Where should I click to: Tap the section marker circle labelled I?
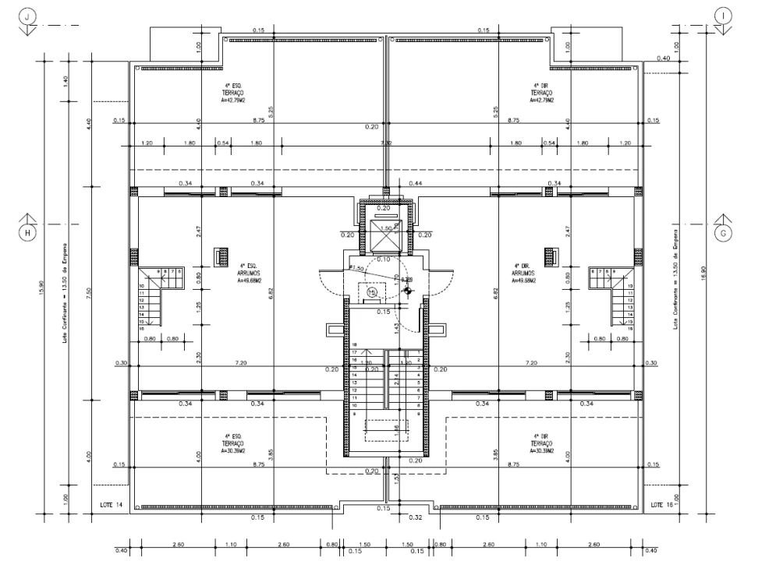click(725, 15)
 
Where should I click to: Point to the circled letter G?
click(723, 232)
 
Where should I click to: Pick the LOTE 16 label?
click(661, 505)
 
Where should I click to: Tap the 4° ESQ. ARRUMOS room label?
click(250, 273)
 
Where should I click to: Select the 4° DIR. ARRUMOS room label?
click(522, 273)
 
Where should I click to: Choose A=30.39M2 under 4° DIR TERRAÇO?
click(544, 450)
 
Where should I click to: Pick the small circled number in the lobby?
click(372, 291)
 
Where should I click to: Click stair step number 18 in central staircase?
click(354, 344)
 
